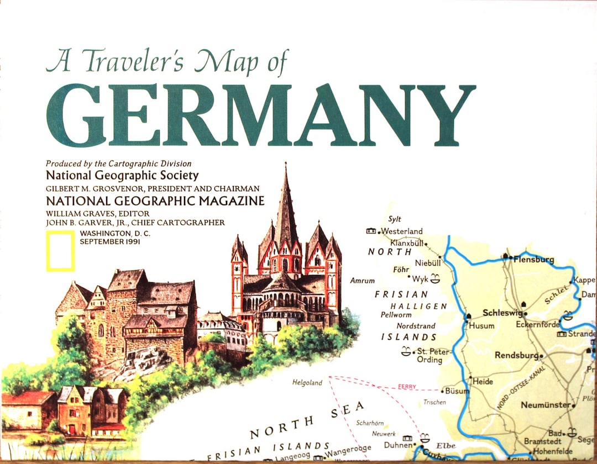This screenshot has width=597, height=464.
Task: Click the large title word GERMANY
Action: pyautogui.click(x=260, y=116)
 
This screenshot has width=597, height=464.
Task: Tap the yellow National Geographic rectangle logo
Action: pyautogui.click(x=60, y=251)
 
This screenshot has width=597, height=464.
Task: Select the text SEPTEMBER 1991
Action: pyautogui.click(x=110, y=242)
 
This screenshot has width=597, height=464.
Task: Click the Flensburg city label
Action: pyautogui.click(x=533, y=259)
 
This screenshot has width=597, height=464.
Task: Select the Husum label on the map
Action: pyautogui.click(x=481, y=326)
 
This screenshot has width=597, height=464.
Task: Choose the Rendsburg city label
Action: pyautogui.click(x=516, y=355)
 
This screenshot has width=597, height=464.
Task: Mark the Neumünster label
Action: pyautogui.click(x=545, y=405)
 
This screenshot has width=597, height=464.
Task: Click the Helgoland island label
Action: pyautogui.click(x=307, y=382)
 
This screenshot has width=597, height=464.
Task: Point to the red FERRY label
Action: pyautogui.click(x=407, y=387)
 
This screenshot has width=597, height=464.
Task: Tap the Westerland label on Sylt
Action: pyautogui.click(x=402, y=231)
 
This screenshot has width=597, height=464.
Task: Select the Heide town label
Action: pyautogui.click(x=483, y=382)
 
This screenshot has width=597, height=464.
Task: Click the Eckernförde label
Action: pyautogui.click(x=538, y=325)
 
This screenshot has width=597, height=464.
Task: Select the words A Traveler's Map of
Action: pyautogui.click(x=167, y=62)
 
